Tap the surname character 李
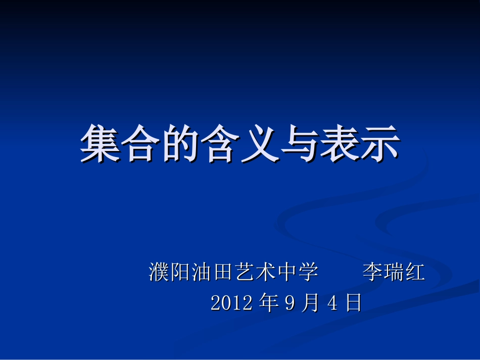[372, 273]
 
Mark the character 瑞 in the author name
[394, 273]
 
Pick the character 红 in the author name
[415, 273]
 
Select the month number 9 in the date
[290, 303]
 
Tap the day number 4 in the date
[332, 303]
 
